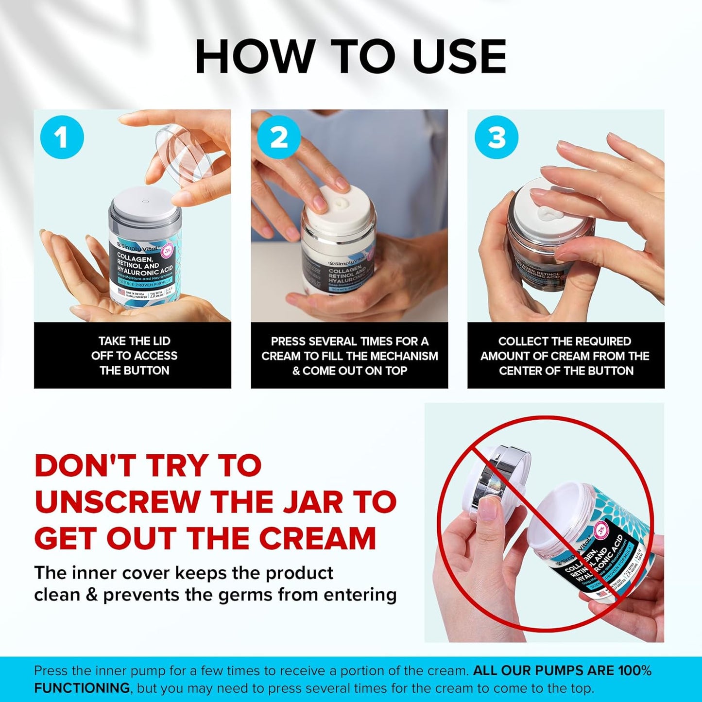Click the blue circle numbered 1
coord(62,137)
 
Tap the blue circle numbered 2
coord(278,137)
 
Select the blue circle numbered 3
coord(496,137)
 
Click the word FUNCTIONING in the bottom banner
coord(82,688)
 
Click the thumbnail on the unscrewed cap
coord(489,511)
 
